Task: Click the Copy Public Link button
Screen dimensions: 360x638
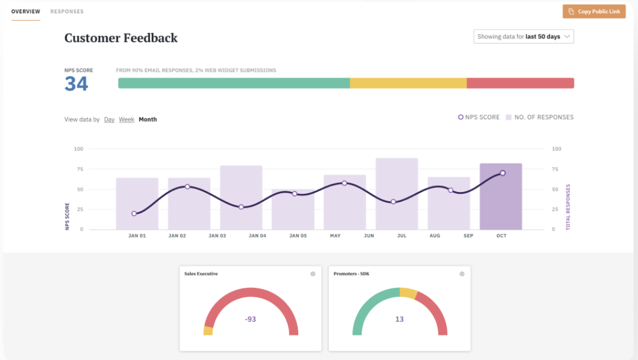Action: pos(594,11)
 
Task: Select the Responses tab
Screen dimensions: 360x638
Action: pos(67,11)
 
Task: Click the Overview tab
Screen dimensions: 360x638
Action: pos(26,11)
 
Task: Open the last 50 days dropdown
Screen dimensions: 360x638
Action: pos(524,37)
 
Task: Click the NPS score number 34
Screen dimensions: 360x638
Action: pos(76,84)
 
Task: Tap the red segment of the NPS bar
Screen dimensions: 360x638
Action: pos(520,83)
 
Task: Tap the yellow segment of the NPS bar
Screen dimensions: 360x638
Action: pos(408,83)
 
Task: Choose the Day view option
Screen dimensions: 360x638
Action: pos(109,119)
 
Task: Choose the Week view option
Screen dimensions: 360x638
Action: pos(126,119)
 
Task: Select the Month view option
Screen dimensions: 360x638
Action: pos(148,119)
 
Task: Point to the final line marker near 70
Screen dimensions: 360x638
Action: pos(502,173)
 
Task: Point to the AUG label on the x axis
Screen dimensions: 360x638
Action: pos(435,236)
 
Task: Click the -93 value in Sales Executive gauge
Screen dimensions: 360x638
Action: pos(251,319)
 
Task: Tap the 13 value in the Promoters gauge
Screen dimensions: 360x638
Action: pos(399,319)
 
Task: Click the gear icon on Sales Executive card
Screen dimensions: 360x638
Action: pos(313,274)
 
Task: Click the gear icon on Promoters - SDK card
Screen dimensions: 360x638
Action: pos(462,274)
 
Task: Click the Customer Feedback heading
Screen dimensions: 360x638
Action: pos(121,38)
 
